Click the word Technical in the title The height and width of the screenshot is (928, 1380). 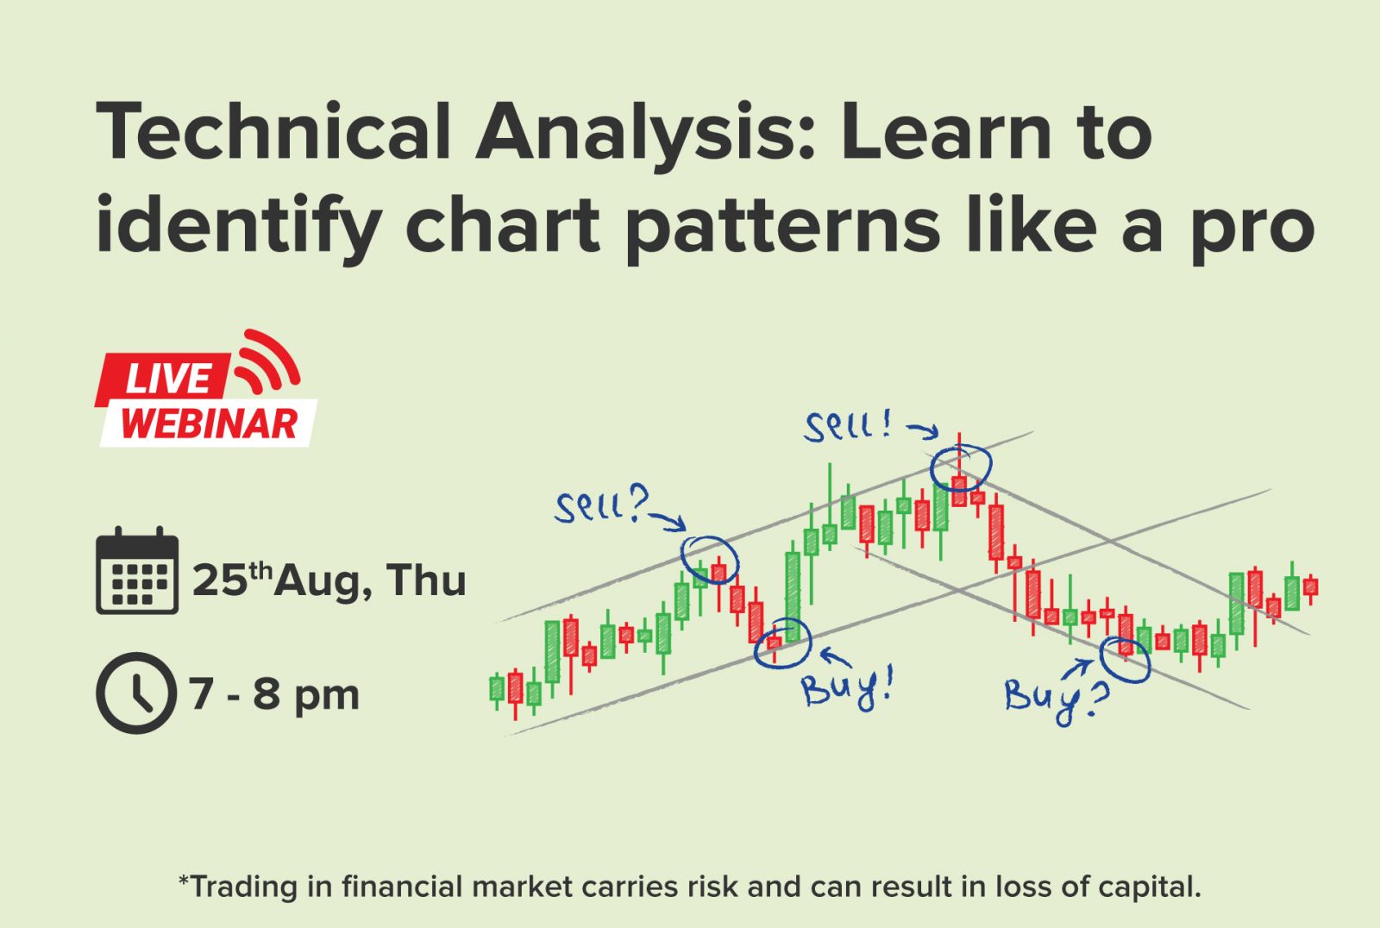click(273, 130)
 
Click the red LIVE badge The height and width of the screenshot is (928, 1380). click(163, 379)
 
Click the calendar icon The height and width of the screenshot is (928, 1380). click(137, 571)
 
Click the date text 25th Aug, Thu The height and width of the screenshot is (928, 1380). click(329, 580)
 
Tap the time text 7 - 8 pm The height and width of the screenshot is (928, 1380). click(274, 695)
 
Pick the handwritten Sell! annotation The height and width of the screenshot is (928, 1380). click(847, 425)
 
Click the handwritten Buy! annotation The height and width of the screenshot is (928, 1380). click(847, 689)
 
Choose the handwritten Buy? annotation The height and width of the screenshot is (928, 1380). click(1057, 699)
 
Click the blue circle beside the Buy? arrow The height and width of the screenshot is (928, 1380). click(1101, 662)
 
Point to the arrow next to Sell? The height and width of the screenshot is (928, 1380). click(668, 521)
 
